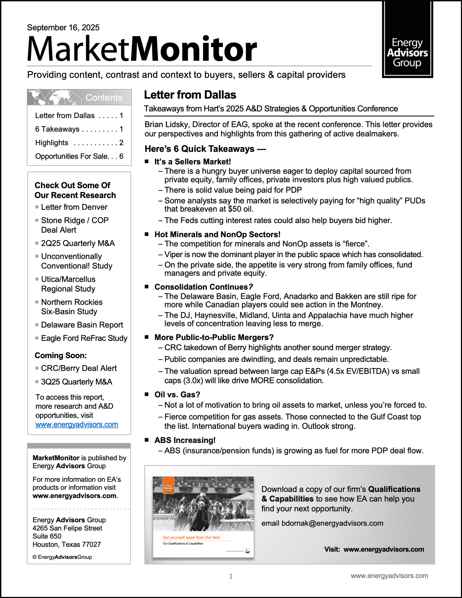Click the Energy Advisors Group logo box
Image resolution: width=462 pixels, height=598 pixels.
coord(407,40)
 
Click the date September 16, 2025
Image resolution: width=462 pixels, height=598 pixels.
coord(63,28)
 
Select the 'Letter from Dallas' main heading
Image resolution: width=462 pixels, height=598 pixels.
coord(190,95)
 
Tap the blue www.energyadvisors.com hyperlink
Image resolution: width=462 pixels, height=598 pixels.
coord(77,424)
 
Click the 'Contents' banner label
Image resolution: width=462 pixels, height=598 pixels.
coord(104,98)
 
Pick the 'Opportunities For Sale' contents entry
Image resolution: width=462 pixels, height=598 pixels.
coord(79,156)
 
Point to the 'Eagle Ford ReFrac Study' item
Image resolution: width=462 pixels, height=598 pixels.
coord(84,338)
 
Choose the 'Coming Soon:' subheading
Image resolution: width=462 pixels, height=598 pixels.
coord(61,356)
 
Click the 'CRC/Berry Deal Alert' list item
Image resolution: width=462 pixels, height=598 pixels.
coord(79,368)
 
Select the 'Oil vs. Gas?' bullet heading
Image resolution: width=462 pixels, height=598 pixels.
coord(177,395)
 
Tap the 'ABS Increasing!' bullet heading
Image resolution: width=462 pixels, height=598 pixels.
coord(185,440)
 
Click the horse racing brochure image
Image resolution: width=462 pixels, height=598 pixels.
coord(203,517)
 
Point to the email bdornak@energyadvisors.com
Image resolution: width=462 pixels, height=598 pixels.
coord(322,523)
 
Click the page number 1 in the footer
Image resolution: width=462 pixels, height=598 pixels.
coord(231,576)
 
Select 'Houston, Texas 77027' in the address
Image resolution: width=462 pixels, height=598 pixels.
coord(66,544)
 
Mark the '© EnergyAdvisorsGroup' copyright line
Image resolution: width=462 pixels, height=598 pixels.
coord(62,557)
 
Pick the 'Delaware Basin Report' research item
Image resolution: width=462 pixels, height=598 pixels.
coord(82,325)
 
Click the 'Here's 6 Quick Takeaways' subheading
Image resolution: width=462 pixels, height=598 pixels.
coord(205,149)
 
